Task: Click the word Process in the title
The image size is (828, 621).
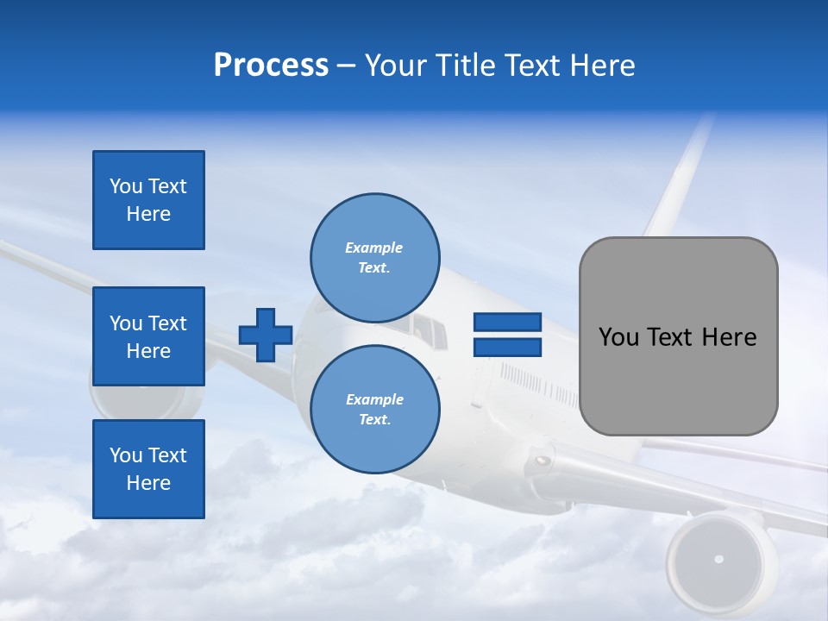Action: (x=271, y=66)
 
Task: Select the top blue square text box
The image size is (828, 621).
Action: (x=148, y=200)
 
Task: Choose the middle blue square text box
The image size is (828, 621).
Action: (x=148, y=336)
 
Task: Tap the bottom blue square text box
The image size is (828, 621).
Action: (x=148, y=468)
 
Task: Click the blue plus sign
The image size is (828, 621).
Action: (x=266, y=335)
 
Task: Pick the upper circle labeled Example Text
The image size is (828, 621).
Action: (x=374, y=257)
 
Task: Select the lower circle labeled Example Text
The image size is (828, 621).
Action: (x=374, y=409)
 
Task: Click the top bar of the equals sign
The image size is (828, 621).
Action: (x=507, y=322)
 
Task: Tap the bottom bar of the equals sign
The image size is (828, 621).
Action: (x=507, y=347)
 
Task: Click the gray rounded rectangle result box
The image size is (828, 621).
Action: (x=678, y=336)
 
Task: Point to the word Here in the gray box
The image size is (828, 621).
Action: (x=729, y=336)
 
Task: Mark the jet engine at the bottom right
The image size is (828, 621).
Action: (x=718, y=559)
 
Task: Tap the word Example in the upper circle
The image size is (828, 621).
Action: (x=374, y=248)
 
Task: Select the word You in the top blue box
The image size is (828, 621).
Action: (x=125, y=186)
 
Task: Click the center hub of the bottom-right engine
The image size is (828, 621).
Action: (x=718, y=560)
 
